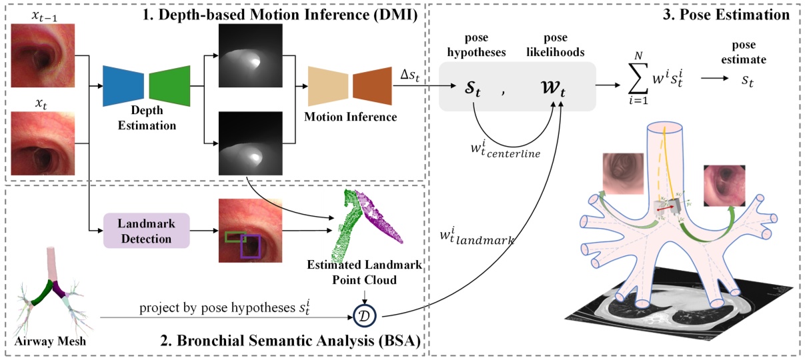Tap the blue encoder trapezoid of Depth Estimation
click(x=123, y=87)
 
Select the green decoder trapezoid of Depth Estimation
click(x=169, y=87)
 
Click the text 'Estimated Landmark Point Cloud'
click(x=364, y=272)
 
